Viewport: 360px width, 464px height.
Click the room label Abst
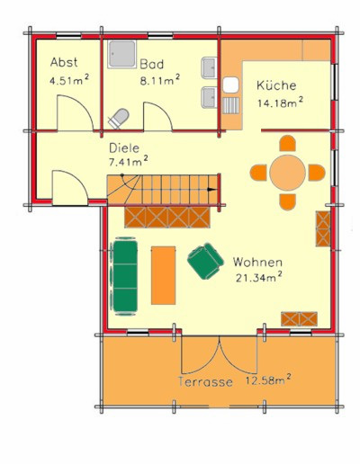coord(64,62)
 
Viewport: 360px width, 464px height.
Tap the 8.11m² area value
coord(160,80)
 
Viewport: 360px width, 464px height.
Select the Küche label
coord(276,85)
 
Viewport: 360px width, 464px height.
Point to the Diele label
coord(124,148)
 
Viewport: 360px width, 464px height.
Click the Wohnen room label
coord(257,263)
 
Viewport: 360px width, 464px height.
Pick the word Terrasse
coord(205,382)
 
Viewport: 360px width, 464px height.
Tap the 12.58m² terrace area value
coord(268,379)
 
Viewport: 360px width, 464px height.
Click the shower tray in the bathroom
coord(121,54)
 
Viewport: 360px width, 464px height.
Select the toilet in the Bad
coord(119,119)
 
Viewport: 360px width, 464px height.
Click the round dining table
coord(287,173)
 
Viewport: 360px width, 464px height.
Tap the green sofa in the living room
coord(125,276)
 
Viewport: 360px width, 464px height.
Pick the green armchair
coord(206,261)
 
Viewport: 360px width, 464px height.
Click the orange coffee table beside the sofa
coord(164,275)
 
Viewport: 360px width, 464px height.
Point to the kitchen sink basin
coord(230,85)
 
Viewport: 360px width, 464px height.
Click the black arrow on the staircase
coord(212,189)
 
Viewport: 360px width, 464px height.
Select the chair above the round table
coord(287,143)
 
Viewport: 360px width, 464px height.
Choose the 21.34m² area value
coord(258,277)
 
